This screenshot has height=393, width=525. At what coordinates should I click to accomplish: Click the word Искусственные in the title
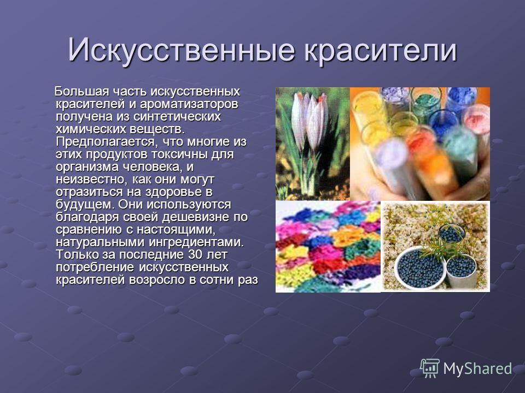click(181, 50)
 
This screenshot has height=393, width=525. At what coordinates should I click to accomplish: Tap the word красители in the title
click(381, 50)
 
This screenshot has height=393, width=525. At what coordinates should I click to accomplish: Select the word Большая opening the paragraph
click(81, 91)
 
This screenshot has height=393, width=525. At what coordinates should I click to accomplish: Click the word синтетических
click(177, 117)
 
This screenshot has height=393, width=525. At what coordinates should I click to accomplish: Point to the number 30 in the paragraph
click(195, 255)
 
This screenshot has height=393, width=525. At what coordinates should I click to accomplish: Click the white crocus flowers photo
click(313, 144)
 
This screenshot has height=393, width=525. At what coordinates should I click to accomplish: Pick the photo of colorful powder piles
click(328, 247)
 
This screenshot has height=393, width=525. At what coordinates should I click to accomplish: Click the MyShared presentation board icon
click(430, 368)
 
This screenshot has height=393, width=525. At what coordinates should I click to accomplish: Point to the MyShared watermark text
click(477, 368)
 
